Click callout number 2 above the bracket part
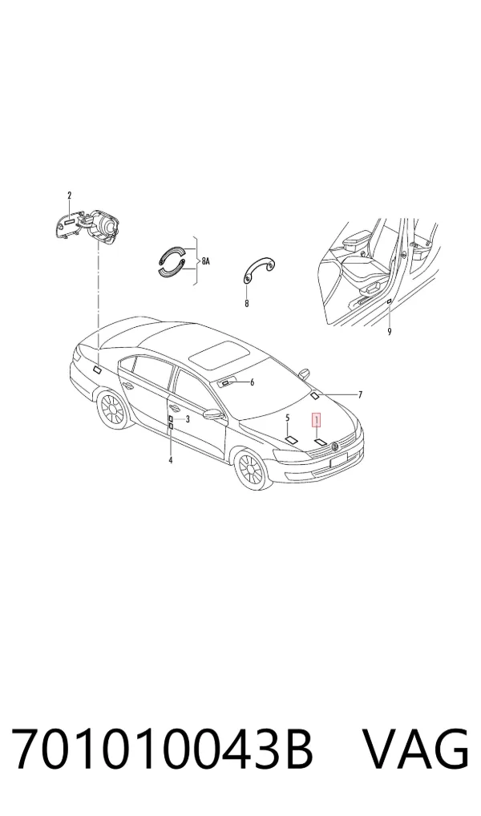69,196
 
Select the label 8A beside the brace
205,261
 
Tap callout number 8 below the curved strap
247,304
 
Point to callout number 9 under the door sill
390,332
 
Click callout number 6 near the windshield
252,382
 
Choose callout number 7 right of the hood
360,395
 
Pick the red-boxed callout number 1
316,419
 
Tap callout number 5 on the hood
287,418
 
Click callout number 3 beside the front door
188,418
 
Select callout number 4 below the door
170,460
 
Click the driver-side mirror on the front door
212,414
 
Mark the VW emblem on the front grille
336,446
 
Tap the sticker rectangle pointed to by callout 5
292,439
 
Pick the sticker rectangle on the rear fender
97,370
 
